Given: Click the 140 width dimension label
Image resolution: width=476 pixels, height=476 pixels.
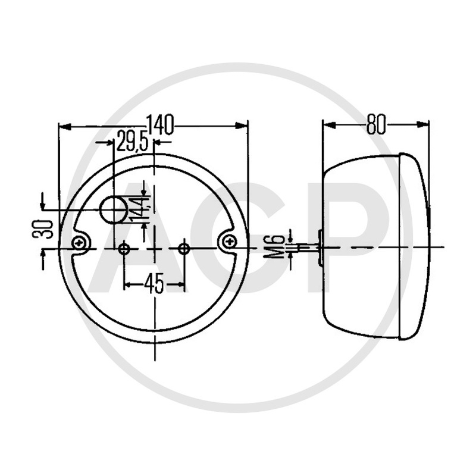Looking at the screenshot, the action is point(160,124).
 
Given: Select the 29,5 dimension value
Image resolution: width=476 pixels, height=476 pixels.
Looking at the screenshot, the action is point(132,141).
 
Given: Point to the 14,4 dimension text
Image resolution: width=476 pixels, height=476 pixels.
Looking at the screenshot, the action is point(139,209).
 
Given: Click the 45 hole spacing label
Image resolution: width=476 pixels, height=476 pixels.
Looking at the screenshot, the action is point(154,284).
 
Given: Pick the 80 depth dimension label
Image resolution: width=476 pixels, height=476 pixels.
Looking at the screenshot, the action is point(376,124).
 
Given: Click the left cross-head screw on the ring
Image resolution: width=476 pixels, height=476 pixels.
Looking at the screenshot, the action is point(80,242).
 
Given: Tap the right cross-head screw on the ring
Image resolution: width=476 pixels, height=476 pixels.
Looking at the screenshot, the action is point(228,242).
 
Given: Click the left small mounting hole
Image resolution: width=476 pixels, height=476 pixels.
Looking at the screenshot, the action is point(124,249).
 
